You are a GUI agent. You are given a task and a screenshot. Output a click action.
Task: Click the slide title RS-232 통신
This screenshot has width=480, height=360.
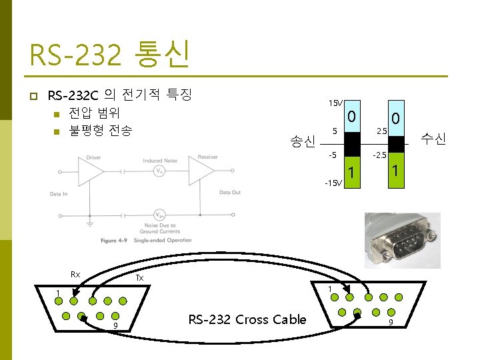110,55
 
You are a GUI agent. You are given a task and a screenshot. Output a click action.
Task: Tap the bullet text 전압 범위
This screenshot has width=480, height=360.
95,111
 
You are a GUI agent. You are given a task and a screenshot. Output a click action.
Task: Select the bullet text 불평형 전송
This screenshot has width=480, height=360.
101,129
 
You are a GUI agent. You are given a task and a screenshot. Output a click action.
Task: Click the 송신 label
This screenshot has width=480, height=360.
302,141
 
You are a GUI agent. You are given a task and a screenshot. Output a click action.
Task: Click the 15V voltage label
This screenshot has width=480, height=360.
335,103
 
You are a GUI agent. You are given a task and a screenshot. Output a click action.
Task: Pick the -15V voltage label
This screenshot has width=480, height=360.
333,182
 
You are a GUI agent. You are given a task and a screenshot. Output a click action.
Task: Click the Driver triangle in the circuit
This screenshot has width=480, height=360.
91,171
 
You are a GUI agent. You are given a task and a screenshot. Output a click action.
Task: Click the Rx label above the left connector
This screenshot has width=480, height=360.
75,275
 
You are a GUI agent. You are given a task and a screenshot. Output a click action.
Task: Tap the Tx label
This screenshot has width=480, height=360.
139,277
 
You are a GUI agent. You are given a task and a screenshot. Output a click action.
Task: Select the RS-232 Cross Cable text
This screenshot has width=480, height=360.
247,319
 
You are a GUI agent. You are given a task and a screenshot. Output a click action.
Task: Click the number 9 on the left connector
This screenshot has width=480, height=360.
115,325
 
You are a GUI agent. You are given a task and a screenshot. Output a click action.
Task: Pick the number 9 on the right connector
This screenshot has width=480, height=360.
390,324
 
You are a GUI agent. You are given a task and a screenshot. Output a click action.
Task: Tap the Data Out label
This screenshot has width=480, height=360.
230,193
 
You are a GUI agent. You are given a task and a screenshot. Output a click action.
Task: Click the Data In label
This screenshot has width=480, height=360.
59,193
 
